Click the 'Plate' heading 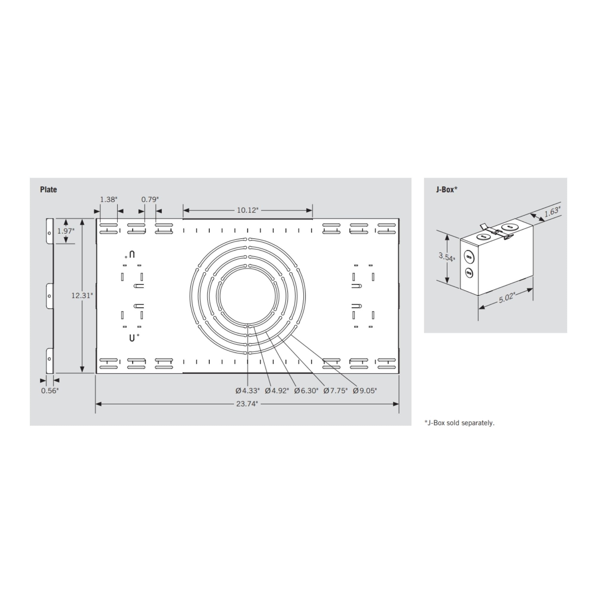[x=49, y=190]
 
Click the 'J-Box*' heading [x=447, y=190]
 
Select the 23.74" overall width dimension [x=247, y=404]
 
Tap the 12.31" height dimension [x=81, y=296]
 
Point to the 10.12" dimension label [x=247, y=210]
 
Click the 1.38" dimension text [x=108, y=199]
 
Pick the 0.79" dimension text [x=150, y=199]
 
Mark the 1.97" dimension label [x=66, y=231]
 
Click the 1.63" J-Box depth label [x=552, y=212]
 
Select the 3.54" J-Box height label [x=447, y=257]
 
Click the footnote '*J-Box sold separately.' [x=459, y=423]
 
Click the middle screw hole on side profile [x=50, y=296]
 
